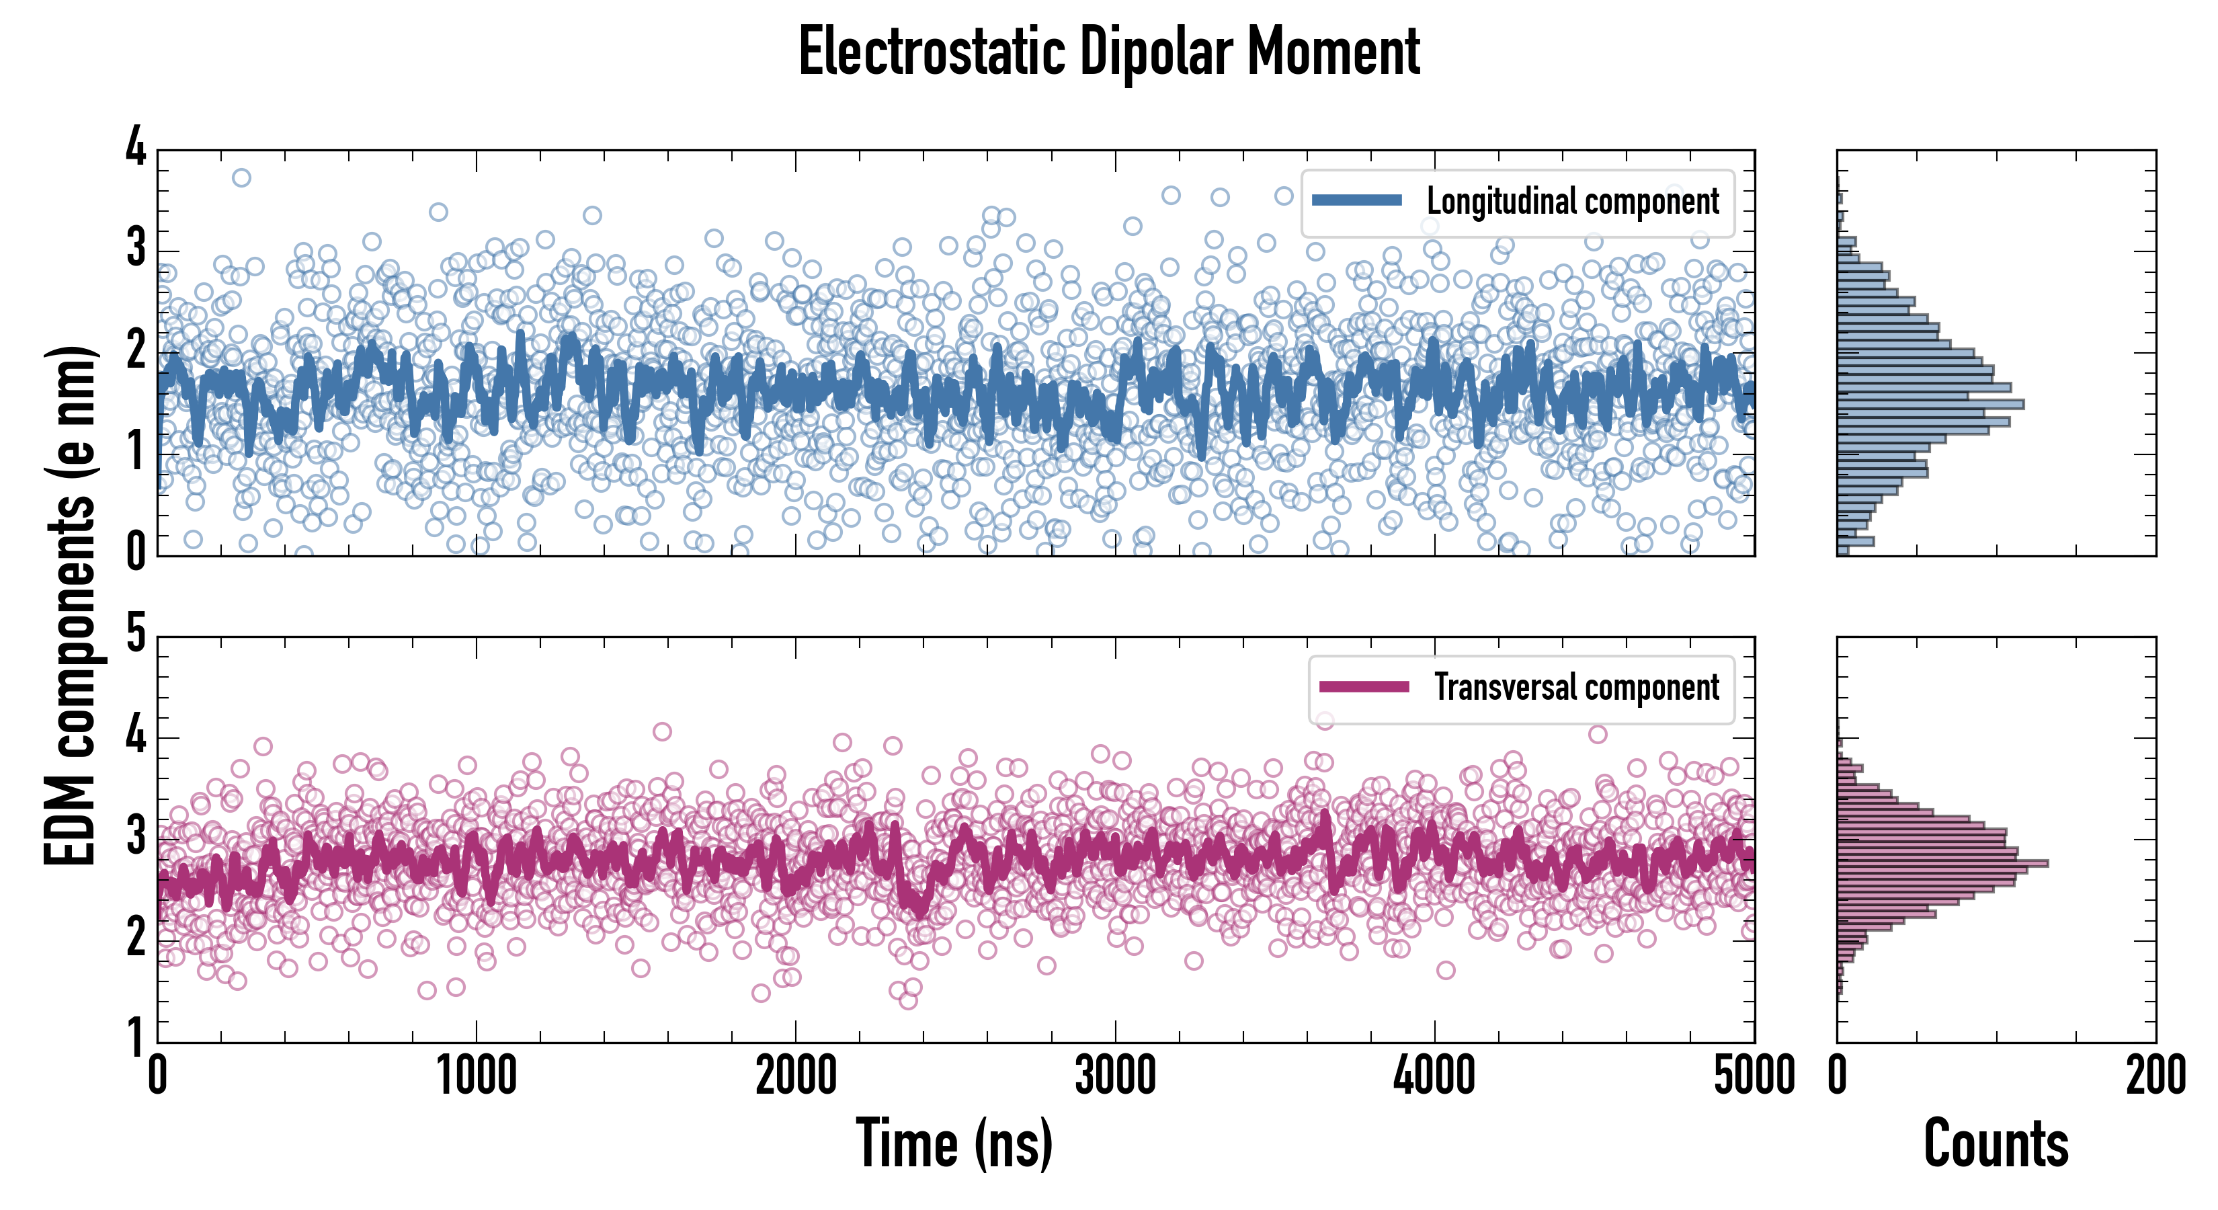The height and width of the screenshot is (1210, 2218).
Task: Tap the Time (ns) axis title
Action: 954,1143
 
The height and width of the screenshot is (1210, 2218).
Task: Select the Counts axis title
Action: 1996,1143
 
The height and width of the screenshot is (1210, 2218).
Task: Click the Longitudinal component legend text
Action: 1572,202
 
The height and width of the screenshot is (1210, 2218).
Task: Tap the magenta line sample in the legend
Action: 1364,686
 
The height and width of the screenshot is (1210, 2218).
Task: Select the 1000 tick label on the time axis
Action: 476,1076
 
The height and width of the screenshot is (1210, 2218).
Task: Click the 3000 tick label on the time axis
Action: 1115,1076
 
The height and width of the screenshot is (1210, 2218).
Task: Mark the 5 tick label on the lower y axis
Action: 136,635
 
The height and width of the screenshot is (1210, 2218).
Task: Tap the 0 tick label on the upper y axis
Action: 136,552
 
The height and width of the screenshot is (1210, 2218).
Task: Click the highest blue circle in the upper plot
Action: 241,177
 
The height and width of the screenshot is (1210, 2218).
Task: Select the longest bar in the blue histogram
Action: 1930,404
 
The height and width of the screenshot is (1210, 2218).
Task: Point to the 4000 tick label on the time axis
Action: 1434,1076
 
